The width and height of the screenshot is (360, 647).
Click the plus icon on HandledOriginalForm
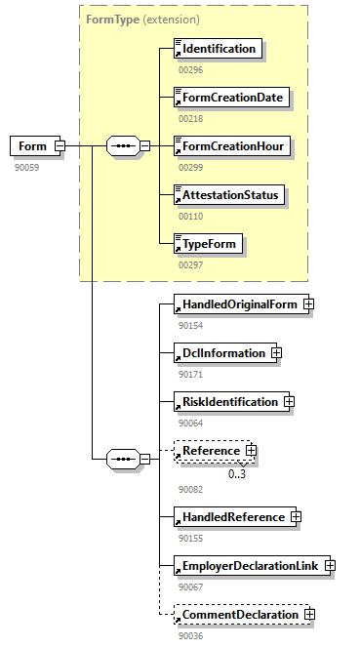pyautogui.click(x=308, y=304)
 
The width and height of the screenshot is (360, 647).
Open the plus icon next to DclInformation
pyautogui.click(x=276, y=352)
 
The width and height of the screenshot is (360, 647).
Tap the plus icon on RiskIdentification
pyautogui.click(x=289, y=401)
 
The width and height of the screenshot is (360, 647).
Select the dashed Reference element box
pyautogui.click(x=209, y=451)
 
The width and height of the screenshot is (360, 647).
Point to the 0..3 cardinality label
pyautogui.click(x=237, y=474)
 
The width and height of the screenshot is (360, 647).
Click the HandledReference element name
pyautogui.click(x=232, y=516)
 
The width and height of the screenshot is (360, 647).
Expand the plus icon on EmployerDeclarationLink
pyautogui.click(x=330, y=565)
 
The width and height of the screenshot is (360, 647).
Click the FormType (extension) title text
pyautogui.click(x=142, y=19)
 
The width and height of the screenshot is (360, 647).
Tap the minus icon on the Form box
pyautogui.click(x=60, y=146)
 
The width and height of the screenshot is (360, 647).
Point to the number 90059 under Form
pyautogui.click(x=27, y=168)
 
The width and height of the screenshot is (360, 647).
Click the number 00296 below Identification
pyautogui.click(x=191, y=69)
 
